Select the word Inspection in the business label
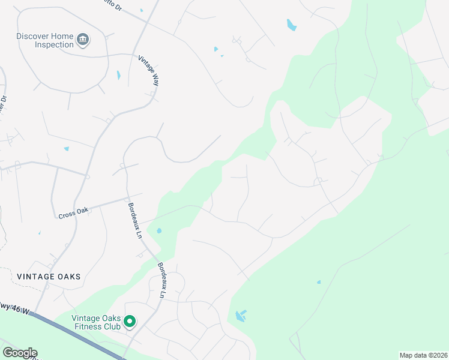[53, 44]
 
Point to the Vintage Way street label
[149, 70]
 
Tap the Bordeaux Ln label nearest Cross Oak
[134, 221]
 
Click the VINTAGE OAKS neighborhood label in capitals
[49, 277]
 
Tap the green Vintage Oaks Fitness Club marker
[130, 323]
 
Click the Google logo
[19, 353]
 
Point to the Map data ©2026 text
[423, 355]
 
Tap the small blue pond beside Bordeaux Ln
[158, 230]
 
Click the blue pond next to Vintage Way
[118, 75]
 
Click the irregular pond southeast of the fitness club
[241, 316]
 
